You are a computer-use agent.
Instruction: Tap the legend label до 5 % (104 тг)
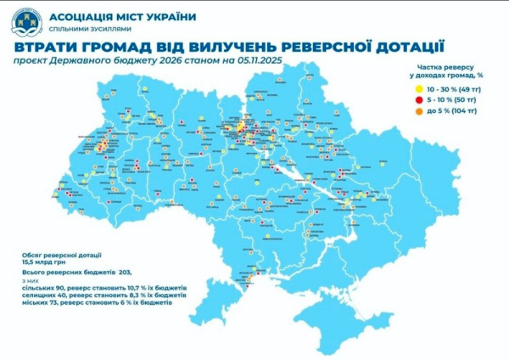pos(450,111)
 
